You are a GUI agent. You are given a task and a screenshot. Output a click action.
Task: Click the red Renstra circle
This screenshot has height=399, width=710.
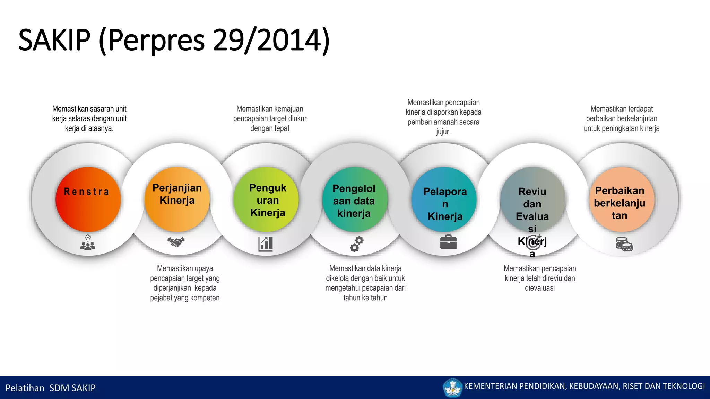pos(88,199)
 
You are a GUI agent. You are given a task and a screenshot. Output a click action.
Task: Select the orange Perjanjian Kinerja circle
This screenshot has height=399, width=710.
pos(177,199)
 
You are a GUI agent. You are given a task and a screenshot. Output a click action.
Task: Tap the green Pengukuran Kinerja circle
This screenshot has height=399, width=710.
pos(266,199)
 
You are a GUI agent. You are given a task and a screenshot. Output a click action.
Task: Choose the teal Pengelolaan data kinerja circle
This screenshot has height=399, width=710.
pos(355,199)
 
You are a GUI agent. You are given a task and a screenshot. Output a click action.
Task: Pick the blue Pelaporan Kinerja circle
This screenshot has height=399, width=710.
pos(444,199)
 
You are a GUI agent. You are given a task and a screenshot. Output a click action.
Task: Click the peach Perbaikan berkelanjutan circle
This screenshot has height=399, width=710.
pos(622,199)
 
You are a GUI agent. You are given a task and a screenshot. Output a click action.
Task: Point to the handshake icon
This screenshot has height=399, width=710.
pos(176,241)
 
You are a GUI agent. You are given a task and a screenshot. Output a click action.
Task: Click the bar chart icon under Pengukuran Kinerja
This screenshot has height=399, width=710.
pos(266,244)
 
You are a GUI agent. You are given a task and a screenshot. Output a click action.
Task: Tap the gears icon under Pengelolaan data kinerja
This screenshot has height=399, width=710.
pos(356,244)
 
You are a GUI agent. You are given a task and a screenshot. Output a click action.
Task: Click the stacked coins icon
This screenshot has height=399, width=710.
pos(624,244)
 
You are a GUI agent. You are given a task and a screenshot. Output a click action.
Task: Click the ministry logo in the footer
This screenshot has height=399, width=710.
pos(452,388)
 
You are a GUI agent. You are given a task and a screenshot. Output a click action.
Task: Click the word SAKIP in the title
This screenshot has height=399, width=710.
pos(54,40)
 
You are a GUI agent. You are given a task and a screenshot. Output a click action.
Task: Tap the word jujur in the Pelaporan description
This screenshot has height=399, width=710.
pos(443,132)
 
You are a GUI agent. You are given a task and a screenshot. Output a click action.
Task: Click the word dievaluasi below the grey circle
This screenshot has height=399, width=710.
pos(539,288)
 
